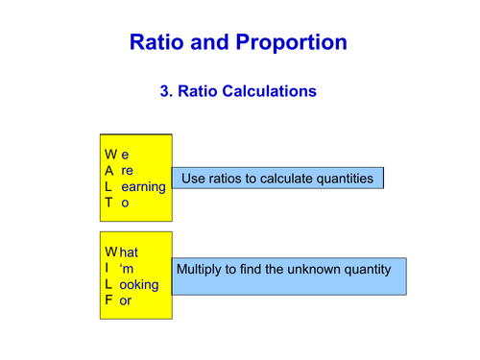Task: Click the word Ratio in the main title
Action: point(158,42)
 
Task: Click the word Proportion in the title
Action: point(294,42)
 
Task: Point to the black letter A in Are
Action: point(109,170)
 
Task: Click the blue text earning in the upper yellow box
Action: point(143,186)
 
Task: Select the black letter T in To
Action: point(109,204)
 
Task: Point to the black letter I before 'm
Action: point(108,268)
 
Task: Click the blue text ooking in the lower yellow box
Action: point(140,284)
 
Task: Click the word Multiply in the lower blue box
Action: point(202,270)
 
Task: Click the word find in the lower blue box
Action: point(252,270)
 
